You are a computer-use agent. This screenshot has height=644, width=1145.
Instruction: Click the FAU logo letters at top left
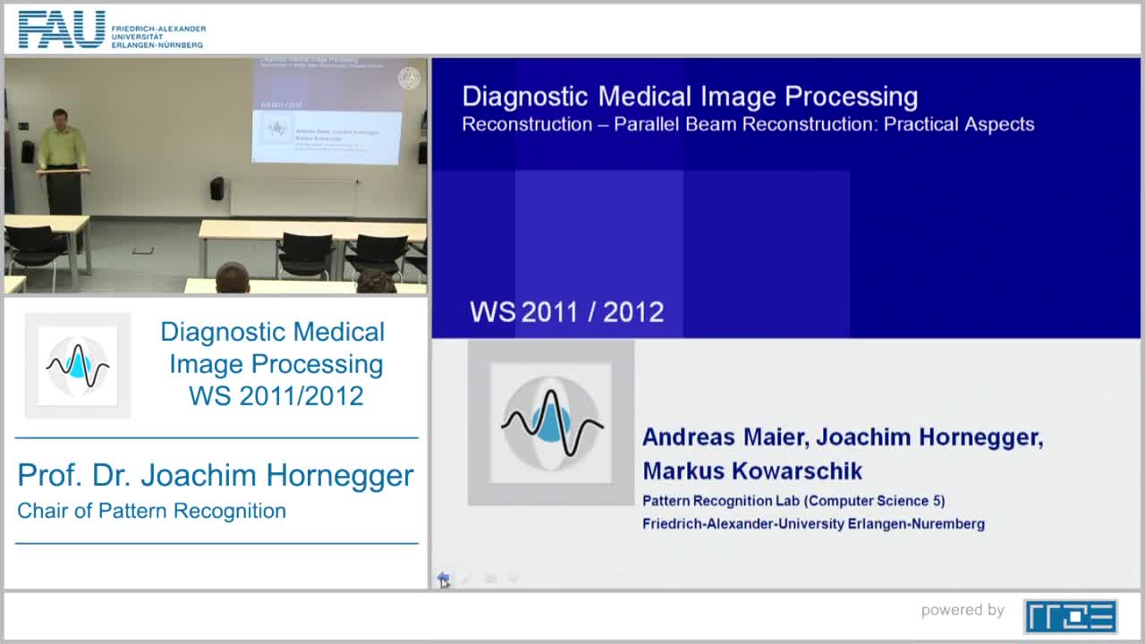point(61,30)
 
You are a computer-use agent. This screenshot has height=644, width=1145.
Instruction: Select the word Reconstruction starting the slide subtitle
point(525,124)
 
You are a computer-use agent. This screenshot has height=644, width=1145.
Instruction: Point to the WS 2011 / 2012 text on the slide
point(566,312)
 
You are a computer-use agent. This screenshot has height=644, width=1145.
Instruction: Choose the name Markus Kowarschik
point(751,471)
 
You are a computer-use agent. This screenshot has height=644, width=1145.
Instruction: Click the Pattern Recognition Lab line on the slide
point(793,501)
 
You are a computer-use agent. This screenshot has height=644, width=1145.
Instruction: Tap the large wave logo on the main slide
point(551,422)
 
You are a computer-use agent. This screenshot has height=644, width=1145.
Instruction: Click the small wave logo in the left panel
point(78,365)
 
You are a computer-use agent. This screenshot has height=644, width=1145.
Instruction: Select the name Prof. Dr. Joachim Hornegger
point(216,475)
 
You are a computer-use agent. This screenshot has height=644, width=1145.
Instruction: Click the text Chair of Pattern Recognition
point(151,512)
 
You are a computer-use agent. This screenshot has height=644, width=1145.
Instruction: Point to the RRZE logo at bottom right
point(1070,616)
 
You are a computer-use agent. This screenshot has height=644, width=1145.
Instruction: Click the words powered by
point(963,611)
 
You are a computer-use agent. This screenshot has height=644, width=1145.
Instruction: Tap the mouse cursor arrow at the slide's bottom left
point(443,580)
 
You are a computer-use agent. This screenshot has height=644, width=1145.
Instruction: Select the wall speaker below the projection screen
point(216,188)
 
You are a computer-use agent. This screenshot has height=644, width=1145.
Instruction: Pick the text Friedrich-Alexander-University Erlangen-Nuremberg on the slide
point(813,524)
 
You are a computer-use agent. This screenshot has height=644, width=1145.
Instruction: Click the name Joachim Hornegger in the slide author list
point(929,437)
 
